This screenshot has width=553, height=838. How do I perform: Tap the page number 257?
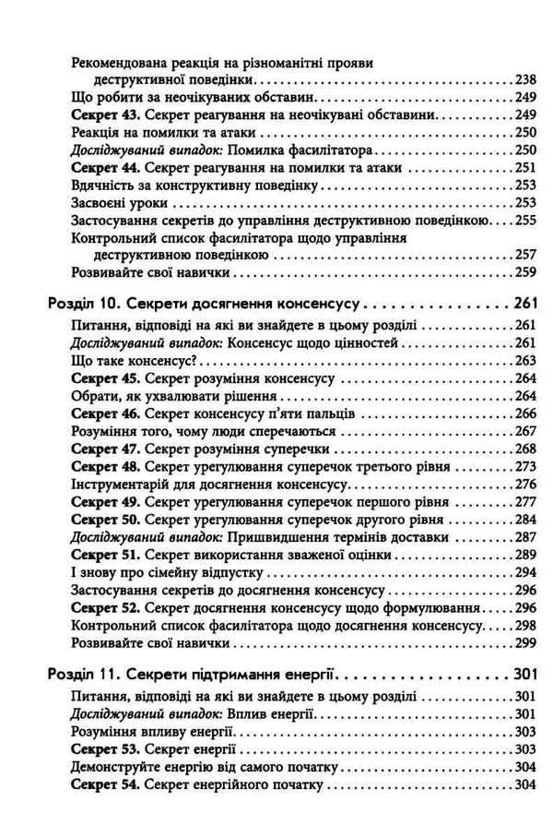pos(523,255)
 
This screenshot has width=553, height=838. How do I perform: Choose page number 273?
pos(523,466)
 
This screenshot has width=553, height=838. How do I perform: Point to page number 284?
pos(523,519)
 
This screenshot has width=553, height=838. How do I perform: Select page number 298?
pos(523,626)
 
